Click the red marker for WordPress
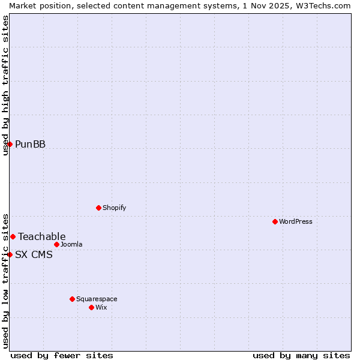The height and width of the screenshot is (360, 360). [x=275, y=221]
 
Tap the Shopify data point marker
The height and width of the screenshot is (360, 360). [x=98, y=208]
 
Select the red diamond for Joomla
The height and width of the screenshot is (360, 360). [x=56, y=244]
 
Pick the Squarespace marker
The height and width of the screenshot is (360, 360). [x=72, y=299]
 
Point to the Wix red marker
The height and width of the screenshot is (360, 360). [x=91, y=307]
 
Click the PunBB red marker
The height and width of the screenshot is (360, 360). [x=10, y=144]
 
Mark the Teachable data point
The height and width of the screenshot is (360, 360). [x=13, y=236]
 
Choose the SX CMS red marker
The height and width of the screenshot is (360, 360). [x=10, y=254]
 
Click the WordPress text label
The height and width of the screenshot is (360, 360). [x=296, y=221]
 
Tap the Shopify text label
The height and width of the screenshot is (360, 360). [x=115, y=208]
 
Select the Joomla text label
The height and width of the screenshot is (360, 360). [x=71, y=244]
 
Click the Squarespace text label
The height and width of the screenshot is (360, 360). [x=97, y=299]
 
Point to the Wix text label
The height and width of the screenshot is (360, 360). [x=101, y=307]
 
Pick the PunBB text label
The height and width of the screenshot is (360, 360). [x=30, y=144]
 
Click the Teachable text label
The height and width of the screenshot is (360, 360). [x=42, y=236]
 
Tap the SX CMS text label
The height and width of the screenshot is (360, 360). [x=34, y=254]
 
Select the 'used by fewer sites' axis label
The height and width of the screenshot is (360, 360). [x=62, y=355]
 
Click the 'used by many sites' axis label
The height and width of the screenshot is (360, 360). [x=301, y=355]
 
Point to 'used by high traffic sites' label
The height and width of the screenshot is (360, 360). [x=5, y=85]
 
